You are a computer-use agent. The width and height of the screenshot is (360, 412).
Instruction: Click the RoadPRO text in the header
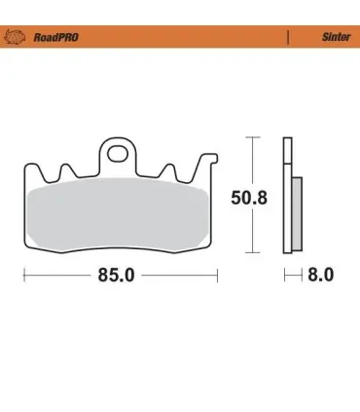tap(55, 37)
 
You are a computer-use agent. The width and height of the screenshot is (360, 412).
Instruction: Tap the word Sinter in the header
tap(336, 37)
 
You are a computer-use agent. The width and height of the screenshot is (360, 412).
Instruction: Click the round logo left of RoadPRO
tap(15, 37)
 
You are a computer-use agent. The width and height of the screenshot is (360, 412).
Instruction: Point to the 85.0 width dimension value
tap(116, 276)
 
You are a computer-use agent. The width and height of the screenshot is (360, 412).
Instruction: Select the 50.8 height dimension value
tap(249, 198)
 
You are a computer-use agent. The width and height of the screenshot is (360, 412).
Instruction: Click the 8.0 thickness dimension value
tap(320, 275)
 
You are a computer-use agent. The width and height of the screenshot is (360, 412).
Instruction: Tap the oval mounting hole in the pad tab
tap(118, 154)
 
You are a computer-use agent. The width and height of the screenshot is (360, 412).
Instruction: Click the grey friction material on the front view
tap(118, 215)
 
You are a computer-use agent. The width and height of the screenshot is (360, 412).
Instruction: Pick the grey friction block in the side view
tap(297, 214)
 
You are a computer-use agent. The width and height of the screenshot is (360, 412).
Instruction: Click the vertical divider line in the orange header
tap(288, 37)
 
